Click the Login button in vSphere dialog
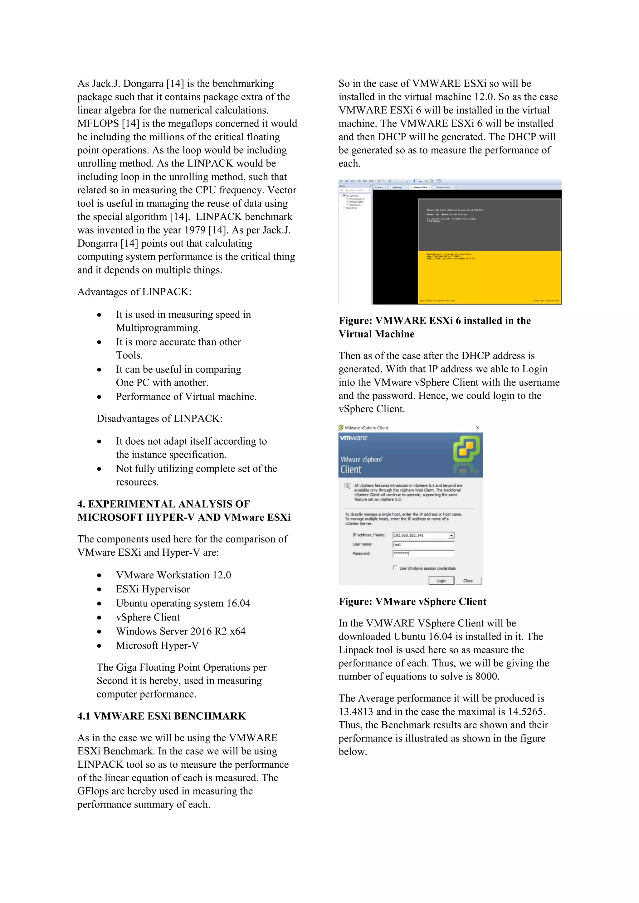441,581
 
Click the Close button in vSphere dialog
468,581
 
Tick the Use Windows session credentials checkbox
395,567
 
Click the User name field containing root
423,545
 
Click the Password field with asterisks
423,553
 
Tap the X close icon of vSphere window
477,427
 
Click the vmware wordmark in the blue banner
353,438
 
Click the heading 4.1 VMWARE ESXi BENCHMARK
161,716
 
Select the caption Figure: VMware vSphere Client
412,601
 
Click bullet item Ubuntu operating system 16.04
183,603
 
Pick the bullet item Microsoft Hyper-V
157,645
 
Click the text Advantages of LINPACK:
134,292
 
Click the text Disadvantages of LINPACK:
159,418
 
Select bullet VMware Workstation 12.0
173,575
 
